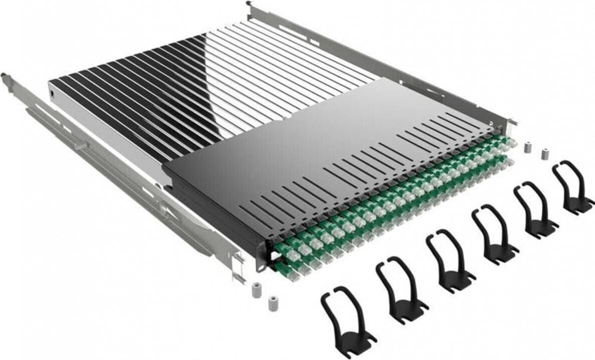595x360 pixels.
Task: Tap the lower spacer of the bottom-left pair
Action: (x=273, y=303)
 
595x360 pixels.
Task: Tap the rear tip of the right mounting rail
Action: (x=249, y=5)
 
